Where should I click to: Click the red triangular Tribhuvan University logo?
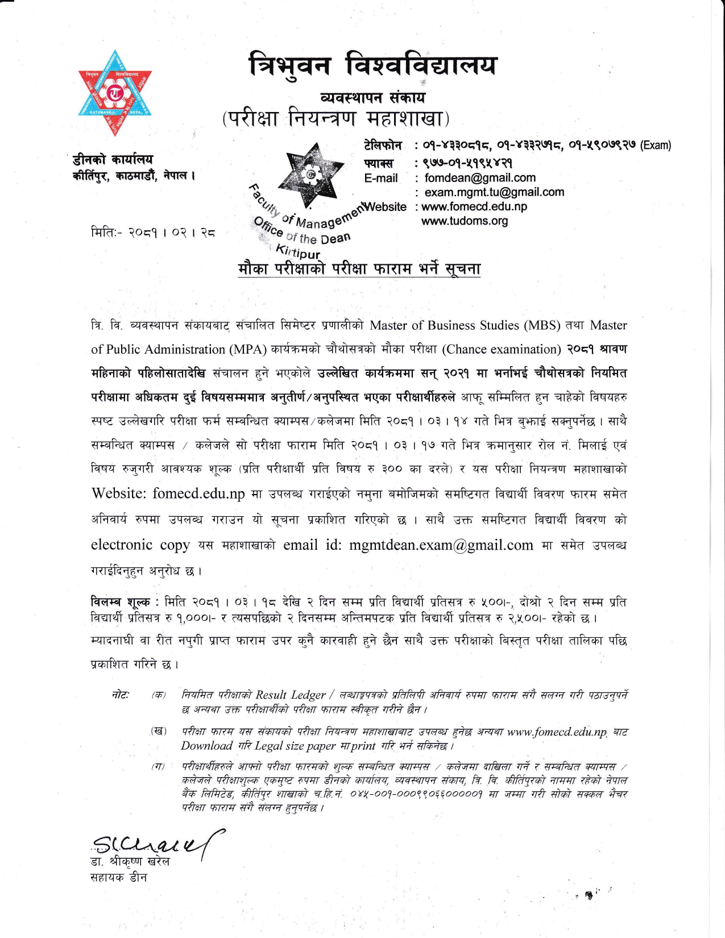tap(115, 94)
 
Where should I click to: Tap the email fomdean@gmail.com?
tap(480, 178)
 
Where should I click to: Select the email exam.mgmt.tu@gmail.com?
tap(494, 192)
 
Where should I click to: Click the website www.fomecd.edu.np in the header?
tap(474, 206)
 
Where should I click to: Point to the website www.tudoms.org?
tap(465, 221)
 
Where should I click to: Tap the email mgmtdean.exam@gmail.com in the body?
tap(441, 545)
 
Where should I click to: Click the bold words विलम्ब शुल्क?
tap(121, 601)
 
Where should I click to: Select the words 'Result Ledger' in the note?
tap(290, 695)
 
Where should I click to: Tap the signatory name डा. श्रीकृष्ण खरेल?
tap(130, 861)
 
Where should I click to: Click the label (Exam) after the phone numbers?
tap(656, 146)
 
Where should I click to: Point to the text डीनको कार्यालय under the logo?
tap(113, 160)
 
